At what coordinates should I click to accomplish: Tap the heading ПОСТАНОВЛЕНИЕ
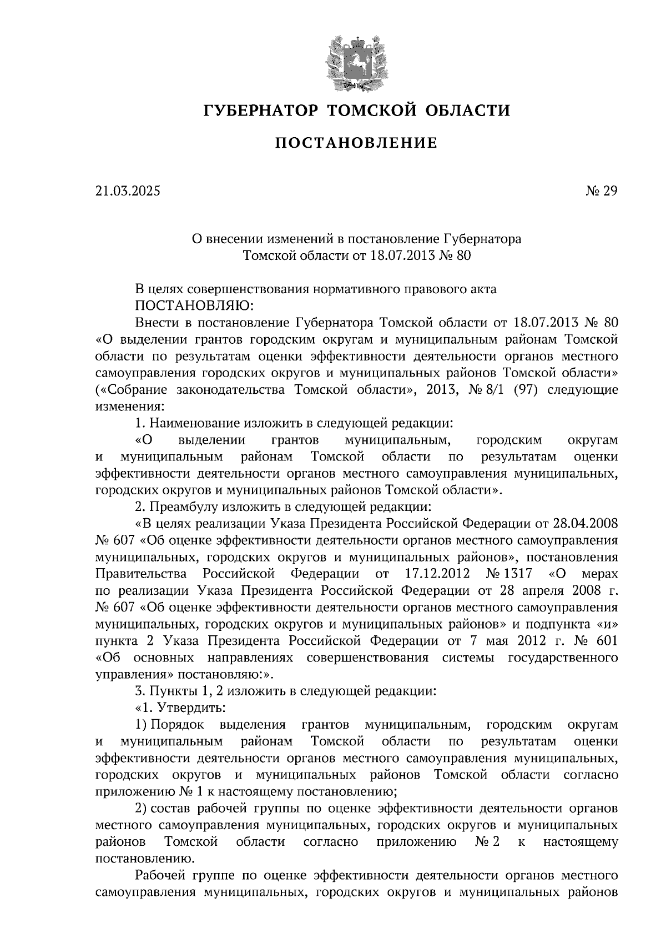tap(356, 144)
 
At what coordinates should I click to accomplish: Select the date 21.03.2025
tap(128, 191)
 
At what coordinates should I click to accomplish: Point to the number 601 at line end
tap(604, 641)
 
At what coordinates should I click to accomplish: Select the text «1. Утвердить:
tap(180, 708)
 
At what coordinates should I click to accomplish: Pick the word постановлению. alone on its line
tap(145, 859)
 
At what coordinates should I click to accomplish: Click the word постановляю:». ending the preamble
tap(226, 675)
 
